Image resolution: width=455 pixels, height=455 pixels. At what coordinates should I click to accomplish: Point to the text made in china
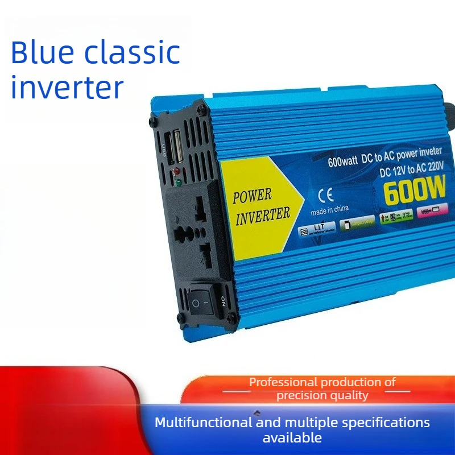(329, 209)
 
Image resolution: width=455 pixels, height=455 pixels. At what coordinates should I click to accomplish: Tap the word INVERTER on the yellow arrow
(263, 214)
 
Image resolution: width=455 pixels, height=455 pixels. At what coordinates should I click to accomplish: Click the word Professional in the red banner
(284, 382)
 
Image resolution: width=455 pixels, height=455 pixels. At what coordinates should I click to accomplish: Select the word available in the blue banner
(292, 437)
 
